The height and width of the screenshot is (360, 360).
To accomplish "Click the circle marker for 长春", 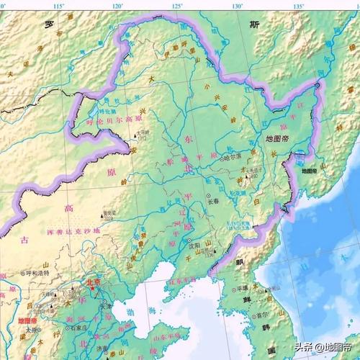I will point(210,197).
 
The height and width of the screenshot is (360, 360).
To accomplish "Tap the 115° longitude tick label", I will point(59,6).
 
